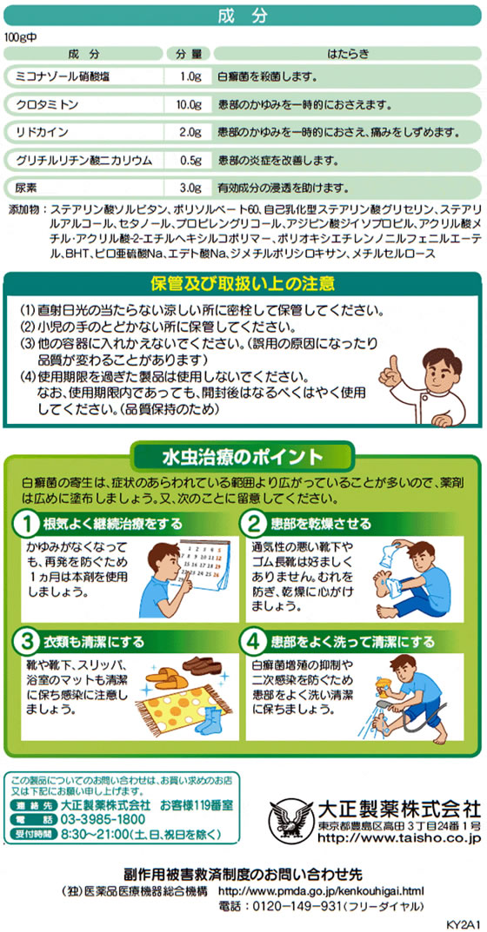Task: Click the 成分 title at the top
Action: click(243, 17)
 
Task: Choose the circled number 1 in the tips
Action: click(27, 525)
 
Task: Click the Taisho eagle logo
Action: click(290, 819)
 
